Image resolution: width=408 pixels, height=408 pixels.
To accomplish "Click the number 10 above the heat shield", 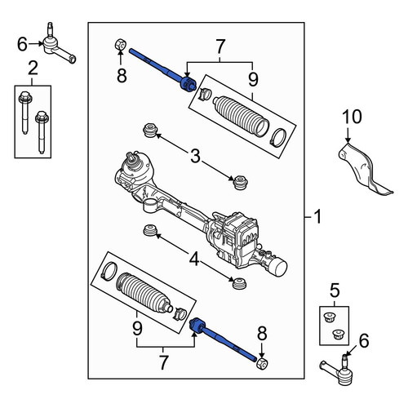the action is [352, 117].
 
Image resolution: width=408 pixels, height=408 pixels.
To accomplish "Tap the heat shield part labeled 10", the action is [361, 169].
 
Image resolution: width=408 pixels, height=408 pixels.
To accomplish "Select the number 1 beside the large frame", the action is [317, 217].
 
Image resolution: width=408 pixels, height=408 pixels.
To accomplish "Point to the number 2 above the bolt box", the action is [33, 69].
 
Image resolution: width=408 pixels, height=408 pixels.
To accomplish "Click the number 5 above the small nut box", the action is [335, 290].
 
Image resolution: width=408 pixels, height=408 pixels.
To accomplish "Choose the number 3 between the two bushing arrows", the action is [195, 156].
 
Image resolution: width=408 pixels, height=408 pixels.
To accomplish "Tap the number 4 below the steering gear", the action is [194, 259].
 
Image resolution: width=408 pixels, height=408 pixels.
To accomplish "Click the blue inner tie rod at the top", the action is [162, 70].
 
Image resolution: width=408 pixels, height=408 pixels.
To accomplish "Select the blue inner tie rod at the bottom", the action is [223, 339].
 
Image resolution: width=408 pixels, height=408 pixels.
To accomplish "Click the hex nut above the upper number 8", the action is [120, 45].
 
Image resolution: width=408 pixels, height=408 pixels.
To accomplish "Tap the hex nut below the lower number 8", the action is [262, 364].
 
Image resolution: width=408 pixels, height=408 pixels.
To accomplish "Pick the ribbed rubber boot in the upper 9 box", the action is [241, 116].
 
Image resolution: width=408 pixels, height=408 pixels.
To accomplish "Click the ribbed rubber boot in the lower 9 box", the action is [144, 292].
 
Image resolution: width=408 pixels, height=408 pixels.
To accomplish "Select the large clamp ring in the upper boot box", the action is [278, 137].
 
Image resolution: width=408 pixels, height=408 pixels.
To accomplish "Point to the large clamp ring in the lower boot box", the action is [109, 271].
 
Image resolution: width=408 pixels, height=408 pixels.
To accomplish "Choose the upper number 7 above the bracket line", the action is [220, 47].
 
